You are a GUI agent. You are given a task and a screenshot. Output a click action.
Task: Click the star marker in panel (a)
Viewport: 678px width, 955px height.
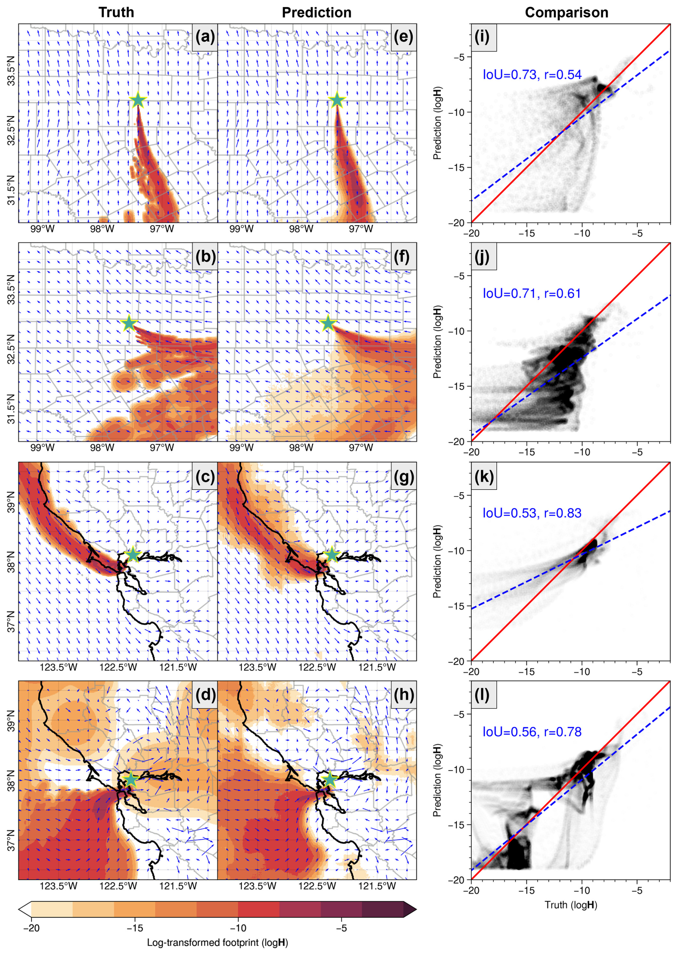coord(138,100)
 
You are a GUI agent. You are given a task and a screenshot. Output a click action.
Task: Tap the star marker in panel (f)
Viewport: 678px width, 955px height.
coord(328,323)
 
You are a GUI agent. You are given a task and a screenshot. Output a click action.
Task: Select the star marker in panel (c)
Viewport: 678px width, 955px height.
coord(133,554)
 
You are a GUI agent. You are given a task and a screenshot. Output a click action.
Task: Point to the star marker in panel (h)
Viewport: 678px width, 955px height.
coord(330,779)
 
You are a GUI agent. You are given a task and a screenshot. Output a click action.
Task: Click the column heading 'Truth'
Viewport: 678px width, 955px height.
coord(116,13)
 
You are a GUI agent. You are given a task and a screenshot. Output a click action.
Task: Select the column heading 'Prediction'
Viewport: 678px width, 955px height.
coord(316,13)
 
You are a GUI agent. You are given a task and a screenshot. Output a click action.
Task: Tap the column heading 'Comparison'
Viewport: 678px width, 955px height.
coord(566,13)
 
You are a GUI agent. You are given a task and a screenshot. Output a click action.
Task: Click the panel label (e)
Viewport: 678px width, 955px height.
coord(403,37)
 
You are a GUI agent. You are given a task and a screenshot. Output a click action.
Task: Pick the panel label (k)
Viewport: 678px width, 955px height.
coord(484,476)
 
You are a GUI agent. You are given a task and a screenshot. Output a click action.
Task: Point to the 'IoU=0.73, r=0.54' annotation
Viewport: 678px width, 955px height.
coord(532,75)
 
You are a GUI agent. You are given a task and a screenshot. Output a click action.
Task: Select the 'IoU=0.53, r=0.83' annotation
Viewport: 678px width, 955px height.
coord(532,513)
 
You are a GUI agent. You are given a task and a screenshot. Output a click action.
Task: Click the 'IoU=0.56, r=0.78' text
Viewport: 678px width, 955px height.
coord(532,732)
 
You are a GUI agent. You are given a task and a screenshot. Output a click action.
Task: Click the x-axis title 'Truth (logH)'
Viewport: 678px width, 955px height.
coord(570,905)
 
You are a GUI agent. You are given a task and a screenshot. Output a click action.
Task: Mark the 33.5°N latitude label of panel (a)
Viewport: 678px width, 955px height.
coord(11,75)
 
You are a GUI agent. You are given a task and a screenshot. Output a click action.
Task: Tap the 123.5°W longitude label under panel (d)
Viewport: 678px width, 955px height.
coord(58,886)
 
